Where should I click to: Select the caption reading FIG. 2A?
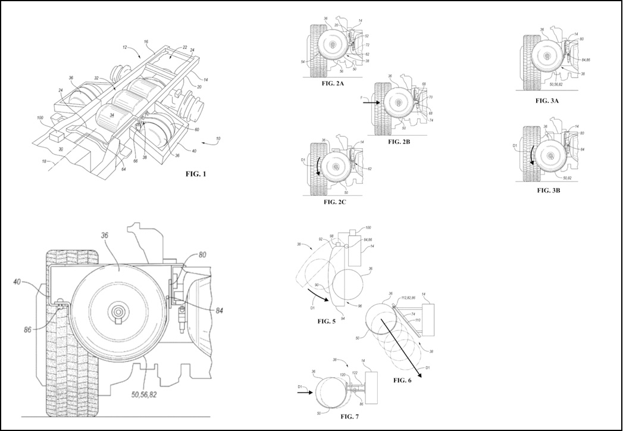point(331,83)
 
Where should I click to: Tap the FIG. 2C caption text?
point(330,202)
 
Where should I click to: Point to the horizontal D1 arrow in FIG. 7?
point(304,393)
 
